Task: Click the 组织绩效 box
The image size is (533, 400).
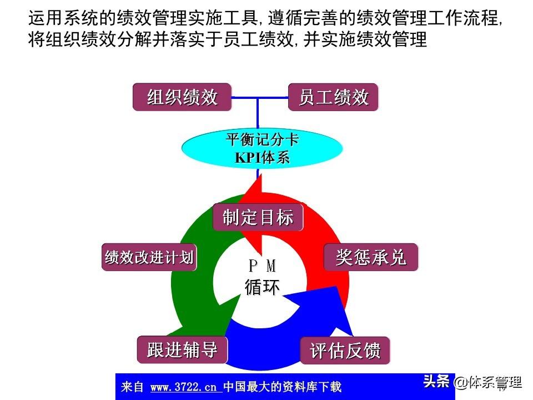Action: (182, 97)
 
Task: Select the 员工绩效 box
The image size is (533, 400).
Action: (333, 97)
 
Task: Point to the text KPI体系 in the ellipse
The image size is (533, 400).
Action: (262, 157)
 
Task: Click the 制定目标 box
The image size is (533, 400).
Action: (258, 217)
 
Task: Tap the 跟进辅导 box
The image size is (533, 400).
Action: (182, 349)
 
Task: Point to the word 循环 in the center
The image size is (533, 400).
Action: (262, 287)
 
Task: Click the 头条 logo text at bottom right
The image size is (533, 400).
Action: (436, 382)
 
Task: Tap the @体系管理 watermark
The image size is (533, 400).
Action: (489, 382)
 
